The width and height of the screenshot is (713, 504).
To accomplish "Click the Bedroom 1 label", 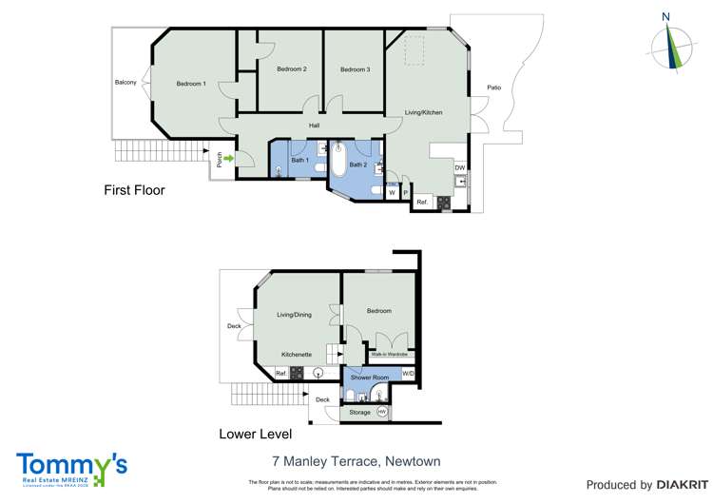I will point(190,84).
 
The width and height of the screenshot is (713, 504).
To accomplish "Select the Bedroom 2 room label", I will point(291,69).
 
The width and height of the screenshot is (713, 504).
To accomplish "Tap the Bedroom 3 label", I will point(355,69).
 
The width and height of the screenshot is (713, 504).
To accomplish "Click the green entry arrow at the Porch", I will point(228,159).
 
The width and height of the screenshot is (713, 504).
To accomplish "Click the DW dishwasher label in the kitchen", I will point(460,168).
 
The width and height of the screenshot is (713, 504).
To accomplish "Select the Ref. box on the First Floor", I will point(422,202).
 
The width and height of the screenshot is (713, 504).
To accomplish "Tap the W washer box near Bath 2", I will point(392,193).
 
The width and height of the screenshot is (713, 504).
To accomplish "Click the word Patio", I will point(493,87).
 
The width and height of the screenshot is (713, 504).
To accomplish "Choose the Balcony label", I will point(125,83).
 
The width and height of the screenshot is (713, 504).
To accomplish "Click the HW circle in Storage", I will point(382,412).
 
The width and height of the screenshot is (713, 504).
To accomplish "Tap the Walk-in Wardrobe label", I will point(390,354).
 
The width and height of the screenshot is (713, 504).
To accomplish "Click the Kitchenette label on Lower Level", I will point(296,355).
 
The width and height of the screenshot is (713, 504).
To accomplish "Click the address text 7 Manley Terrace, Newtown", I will point(356,461).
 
